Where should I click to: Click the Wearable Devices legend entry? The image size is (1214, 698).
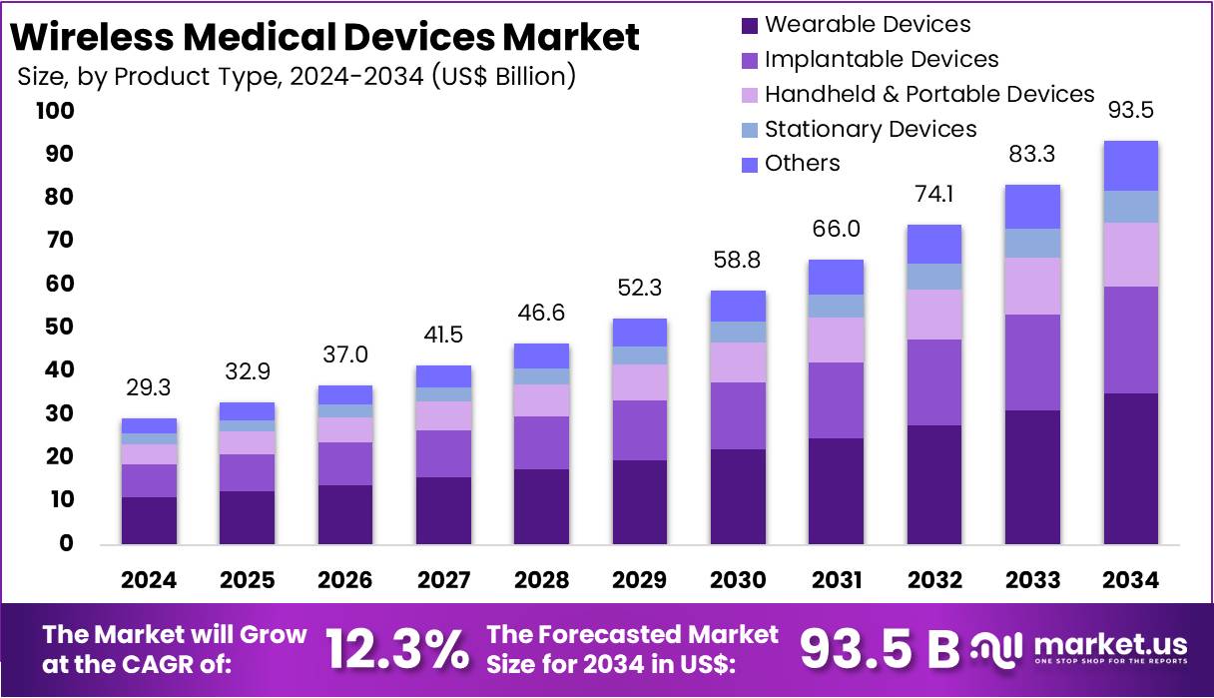tap(867, 24)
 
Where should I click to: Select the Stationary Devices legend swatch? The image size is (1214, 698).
tap(751, 130)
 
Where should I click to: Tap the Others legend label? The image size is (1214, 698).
tap(802, 164)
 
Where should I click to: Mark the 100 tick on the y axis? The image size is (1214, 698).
tap(54, 111)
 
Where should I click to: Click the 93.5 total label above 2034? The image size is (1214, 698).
tap(1130, 110)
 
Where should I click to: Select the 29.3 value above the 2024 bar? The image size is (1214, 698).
tap(150, 387)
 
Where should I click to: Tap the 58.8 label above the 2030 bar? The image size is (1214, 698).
tap(737, 261)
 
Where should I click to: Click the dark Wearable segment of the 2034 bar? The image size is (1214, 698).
tap(1130, 468)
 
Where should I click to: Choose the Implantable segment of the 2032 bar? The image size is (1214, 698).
tap(933, 382)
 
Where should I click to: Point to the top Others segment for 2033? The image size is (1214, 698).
tap(1032, 207)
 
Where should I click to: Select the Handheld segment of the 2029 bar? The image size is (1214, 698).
tap(639, 382)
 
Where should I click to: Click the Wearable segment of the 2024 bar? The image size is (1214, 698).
tap(150, 520)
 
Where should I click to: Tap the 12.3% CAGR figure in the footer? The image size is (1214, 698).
tap(397, 650)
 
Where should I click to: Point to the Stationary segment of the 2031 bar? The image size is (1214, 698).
tap(836, 306)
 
